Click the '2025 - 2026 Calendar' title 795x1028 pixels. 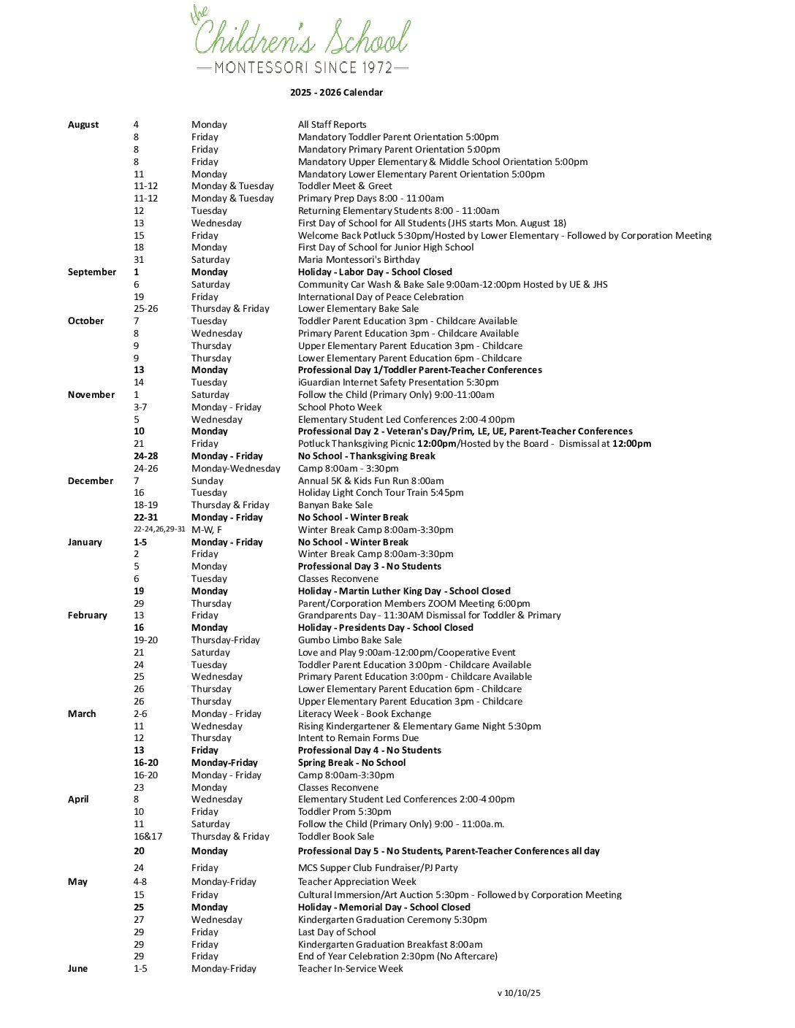[x=336, y=93]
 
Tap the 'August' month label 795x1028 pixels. [x=83, y=125]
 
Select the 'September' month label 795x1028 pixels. [x=92, y=272]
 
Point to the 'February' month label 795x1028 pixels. [x=88, y=615]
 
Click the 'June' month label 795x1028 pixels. [x=77, y=969]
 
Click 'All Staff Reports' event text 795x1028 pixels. [x=332, y=125]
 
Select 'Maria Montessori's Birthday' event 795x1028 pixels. [x=359, y=260]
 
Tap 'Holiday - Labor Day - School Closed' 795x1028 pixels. [x=375, y=272]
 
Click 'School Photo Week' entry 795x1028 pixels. [x=340, y=407]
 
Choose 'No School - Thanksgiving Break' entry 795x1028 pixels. [x=366, y=456]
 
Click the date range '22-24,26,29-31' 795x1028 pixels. [x=159, y=530]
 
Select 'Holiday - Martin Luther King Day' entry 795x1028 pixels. [x=404, y=591]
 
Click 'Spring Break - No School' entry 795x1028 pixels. [x=351, y=763]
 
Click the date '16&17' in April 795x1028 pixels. [x=148, y=837]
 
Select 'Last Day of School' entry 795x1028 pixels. [x=337, y=932]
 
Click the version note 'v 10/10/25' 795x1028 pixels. [x=519, y=993]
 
